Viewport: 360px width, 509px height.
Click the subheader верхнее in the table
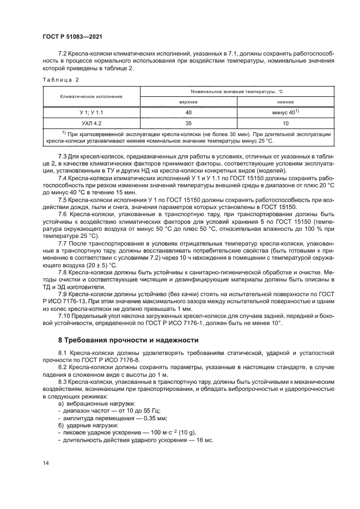pyautogui.click(x=188, y=101)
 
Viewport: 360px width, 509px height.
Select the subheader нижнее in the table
pyautogui.click(x=285, y=101)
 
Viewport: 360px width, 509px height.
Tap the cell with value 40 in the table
pyautogui.click(x=188, y=112)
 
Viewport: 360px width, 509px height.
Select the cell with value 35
pyautogui.click(x=188, y=123)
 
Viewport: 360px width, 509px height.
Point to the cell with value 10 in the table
pyautogui.click(x=285, y=123)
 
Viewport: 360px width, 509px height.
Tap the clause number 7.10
pyautogui.click(x=65, y=316)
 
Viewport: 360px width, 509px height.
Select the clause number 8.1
pyautogui.click(x=64, y=353)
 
